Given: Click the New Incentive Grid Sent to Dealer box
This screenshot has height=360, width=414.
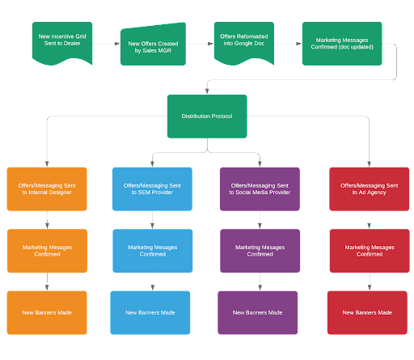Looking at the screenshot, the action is pos(62,43).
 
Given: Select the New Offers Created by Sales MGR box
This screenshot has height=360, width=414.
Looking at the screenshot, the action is pos(153,44).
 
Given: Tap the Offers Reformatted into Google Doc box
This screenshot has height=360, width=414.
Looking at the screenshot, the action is pos(244,43).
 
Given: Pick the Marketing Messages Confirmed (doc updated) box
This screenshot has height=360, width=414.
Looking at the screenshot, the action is pos(342,44).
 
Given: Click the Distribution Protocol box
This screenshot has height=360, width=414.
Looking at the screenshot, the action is pos(207,116).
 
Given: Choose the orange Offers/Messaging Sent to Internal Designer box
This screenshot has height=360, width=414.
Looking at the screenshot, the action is pos(47,189).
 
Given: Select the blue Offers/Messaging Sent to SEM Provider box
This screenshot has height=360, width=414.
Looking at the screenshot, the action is pos(152,189).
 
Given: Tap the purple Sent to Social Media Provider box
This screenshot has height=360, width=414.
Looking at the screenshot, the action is pos(260,189).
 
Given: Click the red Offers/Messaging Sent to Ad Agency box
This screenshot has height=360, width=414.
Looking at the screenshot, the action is pos(370,189).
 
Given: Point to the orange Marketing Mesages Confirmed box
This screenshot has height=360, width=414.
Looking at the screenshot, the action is pos(47,251).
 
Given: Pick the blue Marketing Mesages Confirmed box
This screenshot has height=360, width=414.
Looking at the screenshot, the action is pos(153,251).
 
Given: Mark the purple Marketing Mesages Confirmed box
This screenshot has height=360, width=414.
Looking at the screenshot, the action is pos(260,251).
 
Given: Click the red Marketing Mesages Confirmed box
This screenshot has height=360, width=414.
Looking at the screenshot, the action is pos(370,251).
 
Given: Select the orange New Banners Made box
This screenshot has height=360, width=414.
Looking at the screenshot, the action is pos(47,312).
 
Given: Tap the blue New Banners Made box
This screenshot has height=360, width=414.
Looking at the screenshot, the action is pos(150,312).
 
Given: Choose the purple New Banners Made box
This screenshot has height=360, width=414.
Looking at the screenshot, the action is pos(258,312).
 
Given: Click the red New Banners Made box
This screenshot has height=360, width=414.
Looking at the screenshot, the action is pos(367,312).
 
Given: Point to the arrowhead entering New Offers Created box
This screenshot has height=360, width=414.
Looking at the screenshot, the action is pos(117,44).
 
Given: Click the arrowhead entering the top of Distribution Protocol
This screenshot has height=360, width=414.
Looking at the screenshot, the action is pos(207,91).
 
